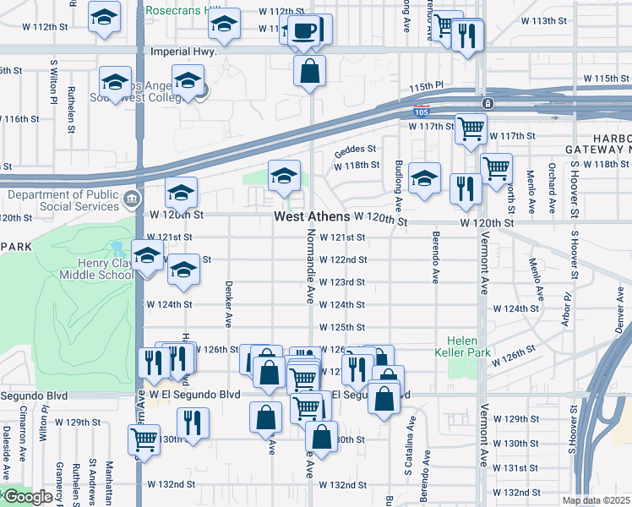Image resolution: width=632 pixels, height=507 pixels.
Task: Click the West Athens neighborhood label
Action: coord(312,217)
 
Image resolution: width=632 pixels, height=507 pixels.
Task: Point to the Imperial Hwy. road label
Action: coord(183,52)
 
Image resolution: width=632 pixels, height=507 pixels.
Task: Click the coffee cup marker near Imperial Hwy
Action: coord(304,32)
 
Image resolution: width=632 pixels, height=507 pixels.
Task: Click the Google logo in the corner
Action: coord(27,497)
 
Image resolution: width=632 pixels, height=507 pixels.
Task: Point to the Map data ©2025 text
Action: coord(596,500)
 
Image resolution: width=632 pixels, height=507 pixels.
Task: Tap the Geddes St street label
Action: coord(353,151)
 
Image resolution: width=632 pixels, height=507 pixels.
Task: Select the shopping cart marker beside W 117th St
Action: coord(471,128)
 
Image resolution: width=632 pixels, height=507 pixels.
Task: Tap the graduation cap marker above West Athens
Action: coord(285,176)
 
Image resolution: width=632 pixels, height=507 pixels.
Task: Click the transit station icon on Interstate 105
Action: coord(487,104)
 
